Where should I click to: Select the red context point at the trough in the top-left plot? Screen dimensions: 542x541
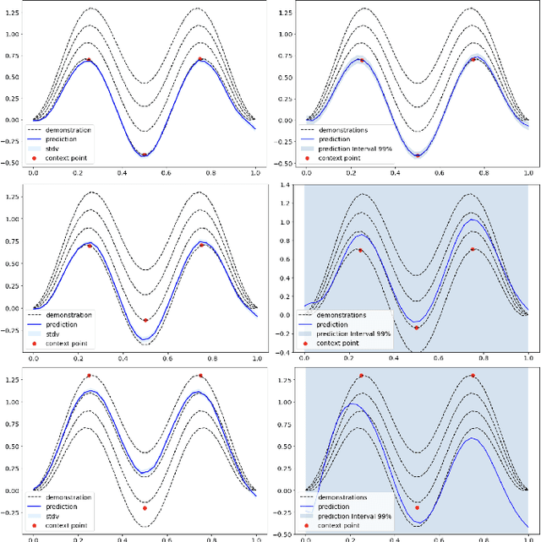coord(145,154)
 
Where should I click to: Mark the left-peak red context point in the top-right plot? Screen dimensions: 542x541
coord(361,60)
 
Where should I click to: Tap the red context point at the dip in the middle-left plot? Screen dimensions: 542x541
coord(145,320)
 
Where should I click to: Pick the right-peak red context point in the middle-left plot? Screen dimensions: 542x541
coord(200,246)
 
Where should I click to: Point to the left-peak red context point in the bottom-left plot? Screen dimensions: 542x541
coord(89,376)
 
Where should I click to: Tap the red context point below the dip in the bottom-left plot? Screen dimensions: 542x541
coord(145,508)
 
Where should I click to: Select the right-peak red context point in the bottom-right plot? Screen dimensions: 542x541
coord(473,376)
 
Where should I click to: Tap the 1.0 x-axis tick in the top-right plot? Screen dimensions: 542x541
coord(528,172)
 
